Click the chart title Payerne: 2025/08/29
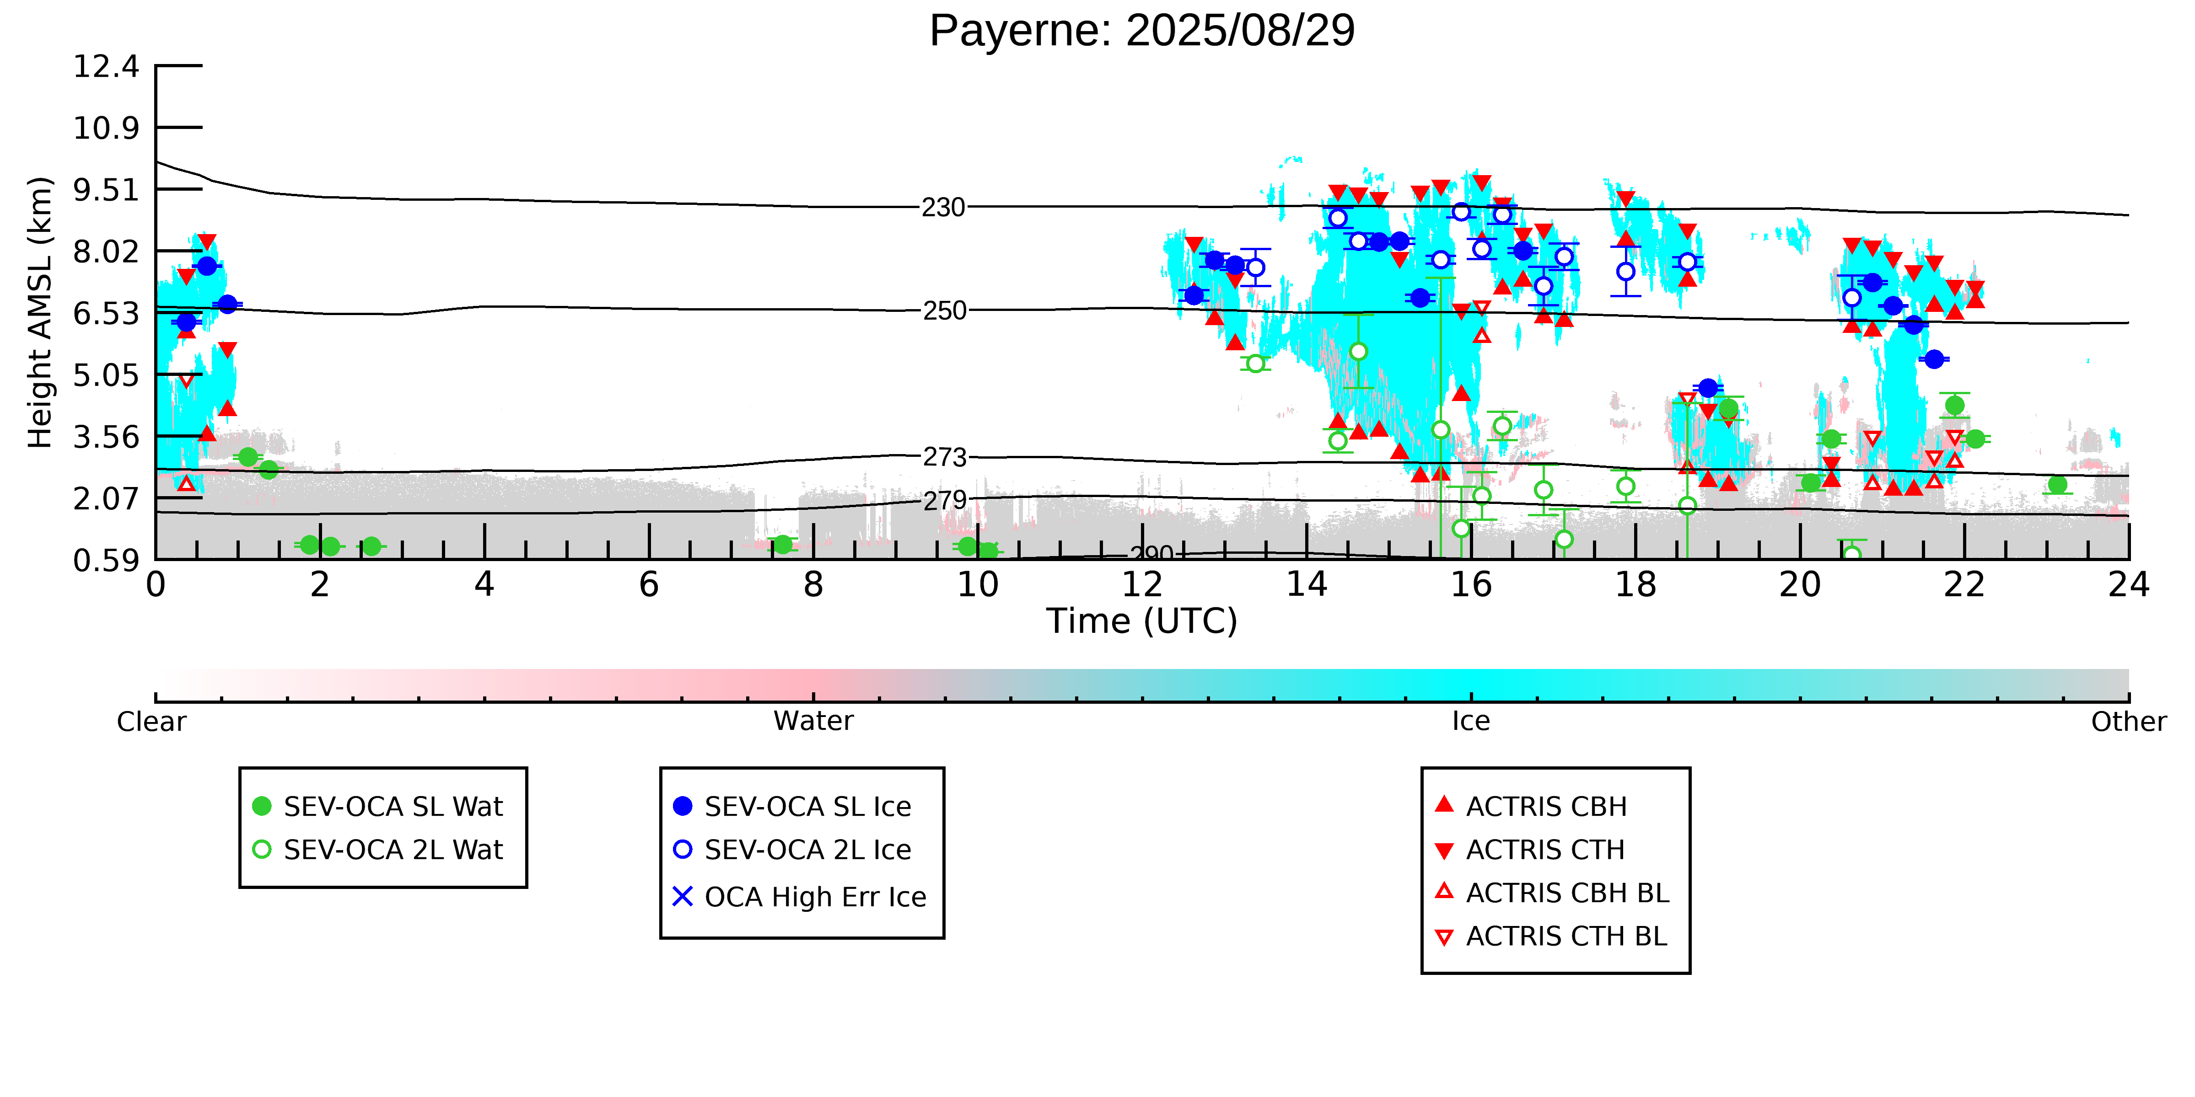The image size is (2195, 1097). coord(1142,32)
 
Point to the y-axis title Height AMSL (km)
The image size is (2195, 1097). coord(40,313)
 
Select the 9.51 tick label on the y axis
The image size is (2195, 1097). coord(106,190)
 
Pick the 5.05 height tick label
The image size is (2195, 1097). coord(106,375)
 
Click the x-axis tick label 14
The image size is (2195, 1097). coord(1306,585)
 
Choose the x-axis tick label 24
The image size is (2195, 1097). coord(2129,585)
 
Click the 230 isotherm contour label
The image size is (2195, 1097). coord(943,208)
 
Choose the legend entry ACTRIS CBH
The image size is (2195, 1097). coord(1530,807)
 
